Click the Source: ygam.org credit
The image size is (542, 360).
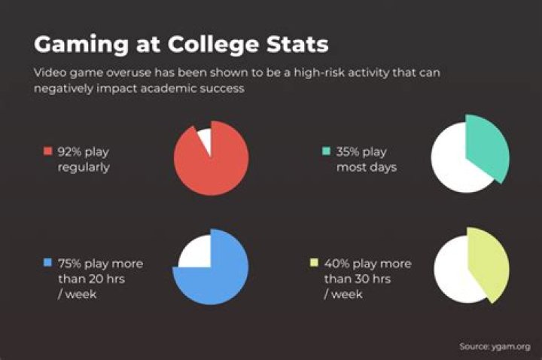click(x=495, y=346)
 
